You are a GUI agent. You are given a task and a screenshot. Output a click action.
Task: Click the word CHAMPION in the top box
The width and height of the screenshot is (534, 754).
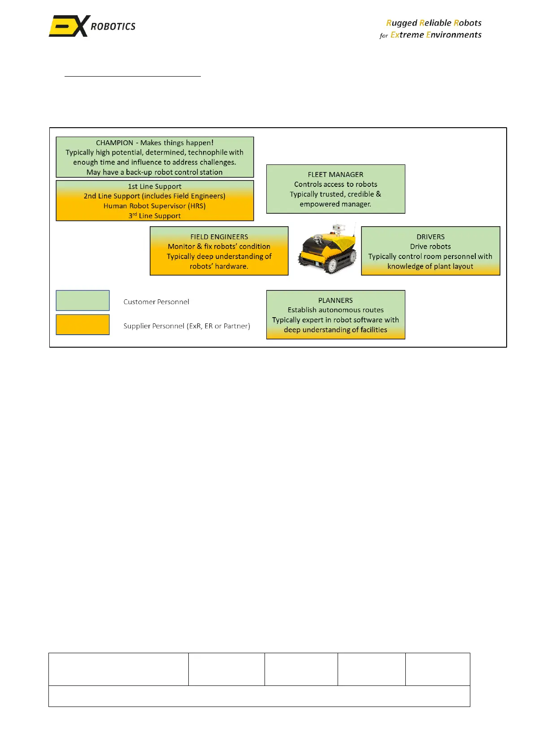(x=114, y=142)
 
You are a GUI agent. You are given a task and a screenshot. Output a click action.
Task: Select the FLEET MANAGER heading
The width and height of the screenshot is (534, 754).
(x=335, y=174)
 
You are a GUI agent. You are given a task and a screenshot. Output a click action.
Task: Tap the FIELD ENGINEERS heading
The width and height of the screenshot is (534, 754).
(x=219, y=237)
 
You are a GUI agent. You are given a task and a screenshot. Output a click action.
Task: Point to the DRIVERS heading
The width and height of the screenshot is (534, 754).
(x=430, y=237)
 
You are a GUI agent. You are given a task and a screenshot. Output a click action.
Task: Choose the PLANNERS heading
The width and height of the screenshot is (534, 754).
(x=335, y=300)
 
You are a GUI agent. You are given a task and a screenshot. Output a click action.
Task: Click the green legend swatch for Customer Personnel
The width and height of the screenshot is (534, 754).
(x=82, y=300)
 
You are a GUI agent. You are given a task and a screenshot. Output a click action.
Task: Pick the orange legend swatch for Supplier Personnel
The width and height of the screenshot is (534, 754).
(x=82, y=324)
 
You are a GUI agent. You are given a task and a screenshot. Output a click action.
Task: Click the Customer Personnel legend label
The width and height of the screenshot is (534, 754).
(x=156, y=302)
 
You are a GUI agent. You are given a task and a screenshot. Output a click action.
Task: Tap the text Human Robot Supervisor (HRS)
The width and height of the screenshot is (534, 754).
(x=154, y=206)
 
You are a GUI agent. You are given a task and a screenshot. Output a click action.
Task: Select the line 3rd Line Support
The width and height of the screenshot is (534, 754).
(x=154, y=215)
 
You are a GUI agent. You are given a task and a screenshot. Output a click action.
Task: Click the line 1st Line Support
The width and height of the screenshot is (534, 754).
(x=154, y=186)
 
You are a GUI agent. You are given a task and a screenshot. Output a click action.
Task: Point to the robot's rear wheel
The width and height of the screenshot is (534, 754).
(x=332, y=265)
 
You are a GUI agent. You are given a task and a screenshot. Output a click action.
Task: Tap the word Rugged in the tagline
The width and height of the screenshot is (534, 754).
(x=401, y=23)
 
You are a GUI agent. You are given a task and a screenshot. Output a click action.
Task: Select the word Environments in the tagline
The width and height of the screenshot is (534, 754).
(x=454, y=34)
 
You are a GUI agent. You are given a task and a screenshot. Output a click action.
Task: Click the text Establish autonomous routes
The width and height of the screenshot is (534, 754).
(x=335, y=310)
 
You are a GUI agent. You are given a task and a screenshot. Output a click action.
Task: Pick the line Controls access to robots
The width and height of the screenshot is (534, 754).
(x=335, y=184)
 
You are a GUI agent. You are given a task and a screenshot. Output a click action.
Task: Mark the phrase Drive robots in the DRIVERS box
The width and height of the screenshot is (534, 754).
(x=430, y=246)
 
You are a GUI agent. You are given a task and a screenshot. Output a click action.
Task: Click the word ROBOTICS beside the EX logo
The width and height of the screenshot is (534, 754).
(x=113, y=26)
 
